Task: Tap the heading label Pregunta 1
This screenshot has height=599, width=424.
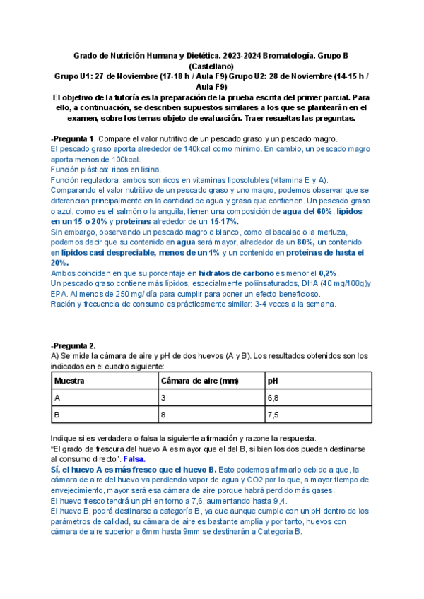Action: pyautogui.click(x=74, y=138)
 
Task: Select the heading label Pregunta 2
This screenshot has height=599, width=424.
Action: pyautogui.click(x=74, y=345)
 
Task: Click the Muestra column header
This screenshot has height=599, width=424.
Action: pyautogui.click(x=69, y=380)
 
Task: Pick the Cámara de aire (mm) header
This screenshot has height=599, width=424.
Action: pyautogui.click(x=200, y=380)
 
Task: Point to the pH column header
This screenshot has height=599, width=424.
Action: pyautogui.click(x=273, y=380)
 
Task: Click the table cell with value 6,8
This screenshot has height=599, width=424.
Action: pyautogui.click(x=273, y=398)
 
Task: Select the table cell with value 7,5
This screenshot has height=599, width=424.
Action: pyautogui.click(x=273, y=415)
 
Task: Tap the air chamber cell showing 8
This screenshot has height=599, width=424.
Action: pyautogui.click(x=164, y=415)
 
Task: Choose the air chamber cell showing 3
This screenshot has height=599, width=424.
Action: pyautogui.click(x=164, y=398)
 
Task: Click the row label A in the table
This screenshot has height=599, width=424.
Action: pyautogui.click(x=57, y=398)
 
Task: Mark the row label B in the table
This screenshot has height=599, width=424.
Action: pyautogui.click(x=57, y=415)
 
